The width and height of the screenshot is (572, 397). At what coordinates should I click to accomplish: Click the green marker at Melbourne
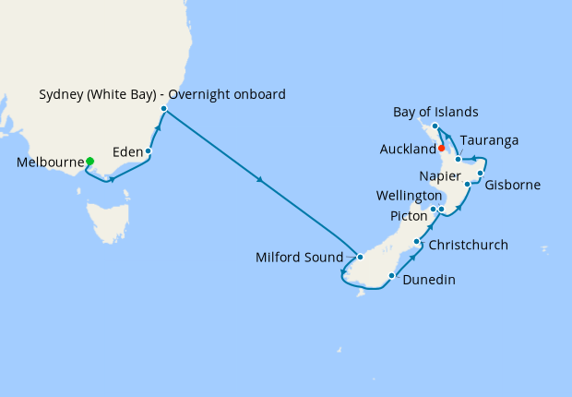(x=89, y=162)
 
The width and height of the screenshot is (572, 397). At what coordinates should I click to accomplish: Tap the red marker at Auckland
(x=442, y=148)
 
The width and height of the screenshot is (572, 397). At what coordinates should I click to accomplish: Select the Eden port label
(x=126, y=151)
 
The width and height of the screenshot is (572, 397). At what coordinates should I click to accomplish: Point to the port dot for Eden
(x=149, y=150)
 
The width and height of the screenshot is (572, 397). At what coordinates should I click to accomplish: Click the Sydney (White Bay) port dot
(x=163, y=110)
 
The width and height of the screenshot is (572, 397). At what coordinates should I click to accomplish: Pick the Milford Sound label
(x=299, y=258)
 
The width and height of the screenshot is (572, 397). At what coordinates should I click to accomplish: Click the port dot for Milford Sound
(x=361, y=257)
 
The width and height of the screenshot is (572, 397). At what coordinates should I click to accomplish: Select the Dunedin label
(x=429, y=280)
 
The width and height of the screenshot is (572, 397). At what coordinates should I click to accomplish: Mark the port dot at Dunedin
(x=393, y=275)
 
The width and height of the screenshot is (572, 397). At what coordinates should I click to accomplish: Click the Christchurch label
(x=468, y=246)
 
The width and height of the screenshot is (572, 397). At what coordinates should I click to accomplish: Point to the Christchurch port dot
(x=418, y=243)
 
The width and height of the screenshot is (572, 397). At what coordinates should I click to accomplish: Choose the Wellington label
(x=409, y=196)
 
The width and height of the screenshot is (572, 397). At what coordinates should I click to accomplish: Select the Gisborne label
(x=512, y=185)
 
